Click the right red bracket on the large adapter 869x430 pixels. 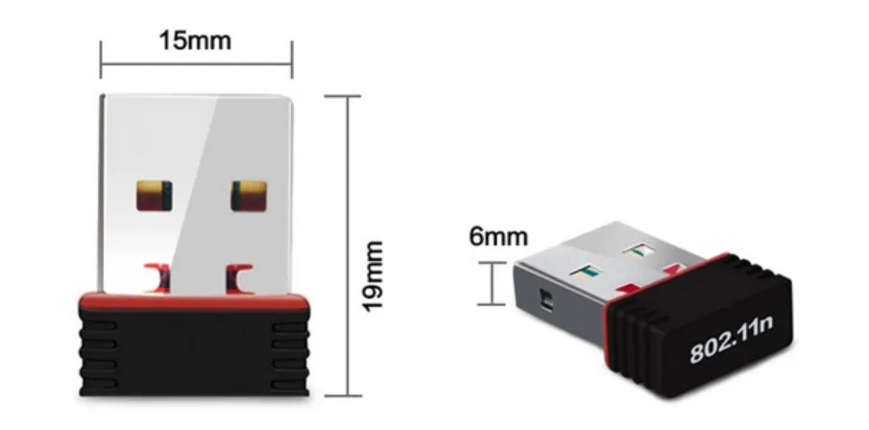pos(240,278)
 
